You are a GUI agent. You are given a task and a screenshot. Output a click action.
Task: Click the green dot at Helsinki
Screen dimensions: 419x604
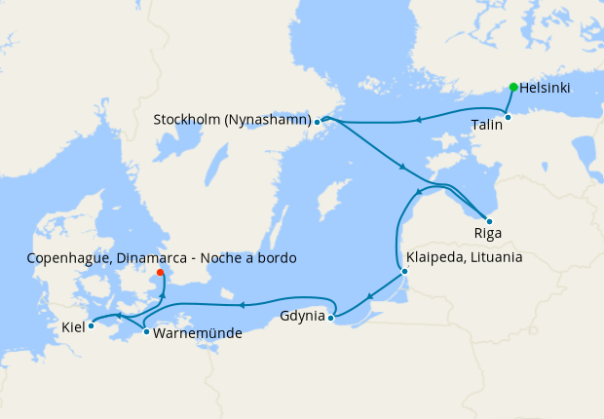point(513,87)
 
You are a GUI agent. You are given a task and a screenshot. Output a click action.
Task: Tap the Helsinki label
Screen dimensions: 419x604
point(546,88)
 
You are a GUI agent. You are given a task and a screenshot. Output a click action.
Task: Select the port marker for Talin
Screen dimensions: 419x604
point(508,118)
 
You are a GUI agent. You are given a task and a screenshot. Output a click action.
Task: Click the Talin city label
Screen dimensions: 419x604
point(487,125)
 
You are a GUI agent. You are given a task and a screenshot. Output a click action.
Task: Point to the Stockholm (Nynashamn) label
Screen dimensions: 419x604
point(232,120)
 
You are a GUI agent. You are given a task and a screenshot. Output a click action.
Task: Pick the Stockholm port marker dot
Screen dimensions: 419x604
point(318,122)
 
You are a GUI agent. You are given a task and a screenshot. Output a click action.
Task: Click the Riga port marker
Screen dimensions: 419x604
point(488,221)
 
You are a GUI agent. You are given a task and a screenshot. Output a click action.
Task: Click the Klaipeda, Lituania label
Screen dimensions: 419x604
point(464,258)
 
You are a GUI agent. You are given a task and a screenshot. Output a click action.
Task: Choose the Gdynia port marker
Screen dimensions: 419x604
point(331,317)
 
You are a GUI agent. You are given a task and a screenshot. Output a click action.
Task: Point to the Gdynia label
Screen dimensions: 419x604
point(302,317)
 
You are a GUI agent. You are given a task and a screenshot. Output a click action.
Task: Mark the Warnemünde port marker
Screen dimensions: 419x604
point(146,332)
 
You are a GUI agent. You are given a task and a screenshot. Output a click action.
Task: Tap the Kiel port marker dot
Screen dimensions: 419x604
point(91,325)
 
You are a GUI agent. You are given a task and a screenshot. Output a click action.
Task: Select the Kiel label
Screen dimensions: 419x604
point(71,326)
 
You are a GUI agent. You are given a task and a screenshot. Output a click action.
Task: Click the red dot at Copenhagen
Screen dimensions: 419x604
point(161,273)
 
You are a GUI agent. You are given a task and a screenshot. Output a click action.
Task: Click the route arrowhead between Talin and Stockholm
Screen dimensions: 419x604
point(417,120)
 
